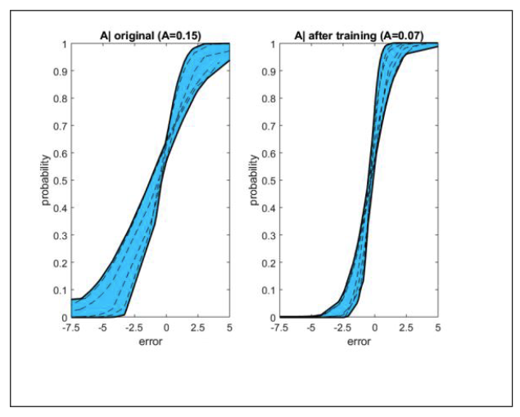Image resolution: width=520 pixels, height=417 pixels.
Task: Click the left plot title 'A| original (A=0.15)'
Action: point(150,35)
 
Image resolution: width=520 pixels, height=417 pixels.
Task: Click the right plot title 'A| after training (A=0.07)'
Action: point(358,35)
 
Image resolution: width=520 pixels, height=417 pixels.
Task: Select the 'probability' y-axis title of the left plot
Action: point(47,180)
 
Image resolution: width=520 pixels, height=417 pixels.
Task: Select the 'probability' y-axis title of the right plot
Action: point(255,180)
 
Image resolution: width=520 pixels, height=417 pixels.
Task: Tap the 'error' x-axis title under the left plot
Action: point(150,342)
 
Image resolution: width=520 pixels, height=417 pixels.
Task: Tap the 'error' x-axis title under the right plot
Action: point(359,342)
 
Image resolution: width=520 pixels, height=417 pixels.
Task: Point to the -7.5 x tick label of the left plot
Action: point(70,327)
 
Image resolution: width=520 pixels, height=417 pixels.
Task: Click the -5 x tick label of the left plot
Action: point(102,327)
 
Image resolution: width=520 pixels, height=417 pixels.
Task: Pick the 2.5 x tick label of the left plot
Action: point(197,327)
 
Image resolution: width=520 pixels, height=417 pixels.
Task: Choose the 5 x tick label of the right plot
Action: point(437,327)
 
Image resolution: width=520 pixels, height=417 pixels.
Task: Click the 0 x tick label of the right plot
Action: point(374,327)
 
